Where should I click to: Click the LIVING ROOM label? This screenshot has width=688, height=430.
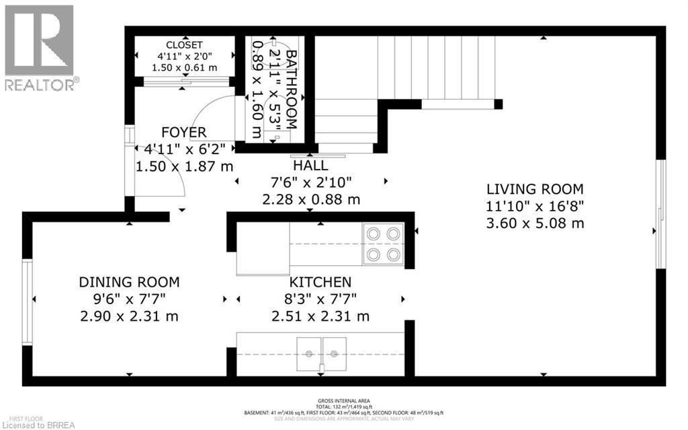(535, 189)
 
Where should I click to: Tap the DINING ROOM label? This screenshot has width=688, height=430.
(129, 282)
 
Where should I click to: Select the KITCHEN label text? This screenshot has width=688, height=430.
(320, 282)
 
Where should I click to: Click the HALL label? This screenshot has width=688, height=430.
(310, 166)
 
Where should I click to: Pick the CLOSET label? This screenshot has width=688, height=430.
(184, 46)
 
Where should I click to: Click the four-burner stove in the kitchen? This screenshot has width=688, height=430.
(383, 244)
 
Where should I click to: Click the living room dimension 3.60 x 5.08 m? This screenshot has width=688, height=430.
(535, 223)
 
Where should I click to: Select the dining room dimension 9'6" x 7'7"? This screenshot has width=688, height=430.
(129, 299)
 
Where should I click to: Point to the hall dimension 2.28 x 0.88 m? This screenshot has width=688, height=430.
(310, 199)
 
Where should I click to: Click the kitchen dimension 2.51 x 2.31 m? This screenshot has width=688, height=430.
(320, 316)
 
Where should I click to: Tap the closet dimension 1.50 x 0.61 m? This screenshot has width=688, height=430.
(184, 67)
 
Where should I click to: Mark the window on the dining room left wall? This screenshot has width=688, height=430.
(27, 302)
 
